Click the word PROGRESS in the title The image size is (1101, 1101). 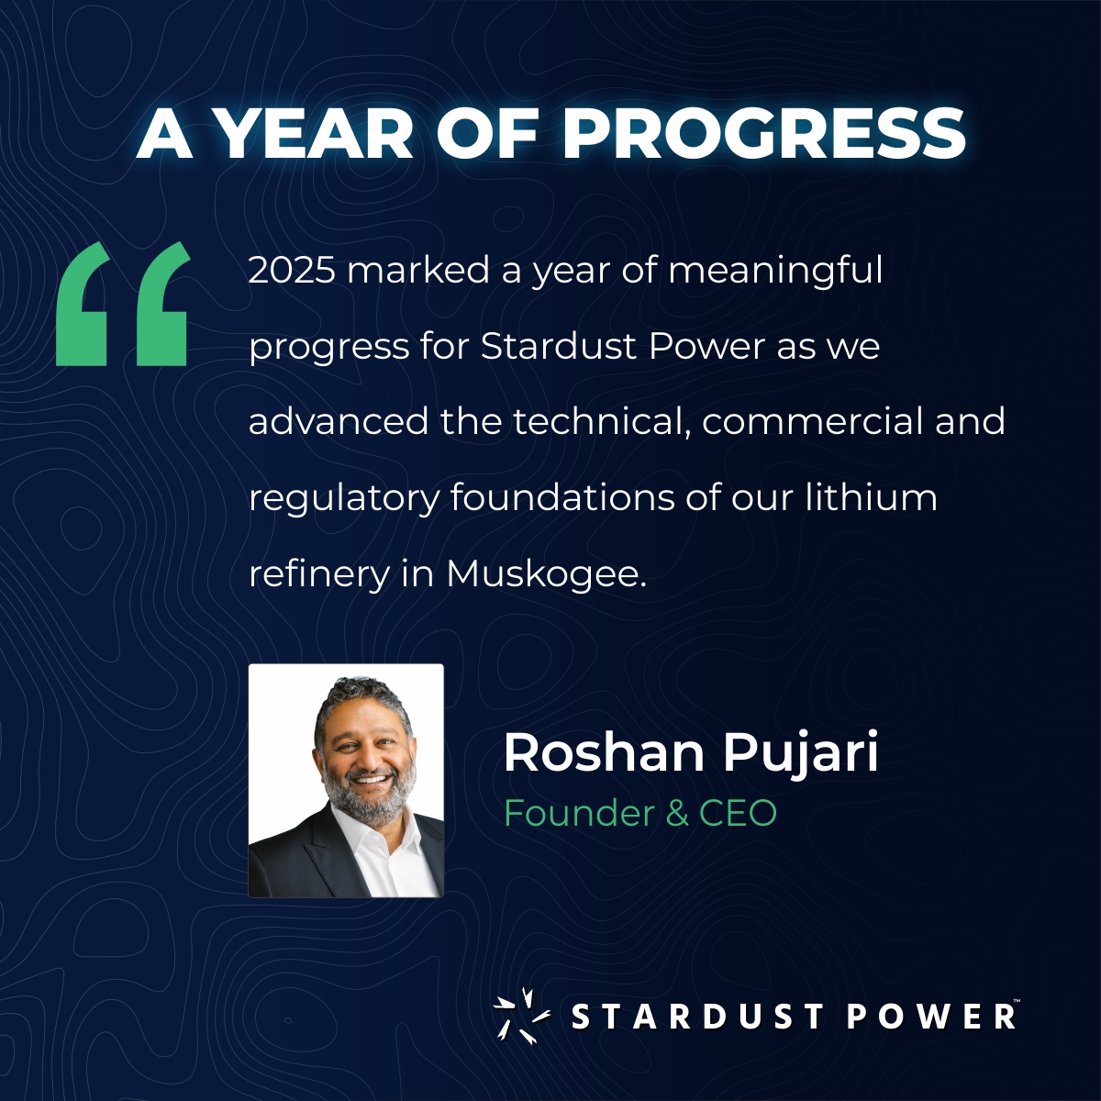coord(763,134)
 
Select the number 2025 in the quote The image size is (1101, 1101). coord(291,271)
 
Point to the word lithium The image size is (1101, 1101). coord(871,498)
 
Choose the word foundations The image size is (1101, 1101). coord(562,498)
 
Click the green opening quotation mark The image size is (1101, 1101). coord(122,305)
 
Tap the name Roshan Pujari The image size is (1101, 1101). coord(691,753)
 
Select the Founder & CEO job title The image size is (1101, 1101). coord(640,813)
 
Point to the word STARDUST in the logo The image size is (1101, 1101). coord(697,1017)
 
